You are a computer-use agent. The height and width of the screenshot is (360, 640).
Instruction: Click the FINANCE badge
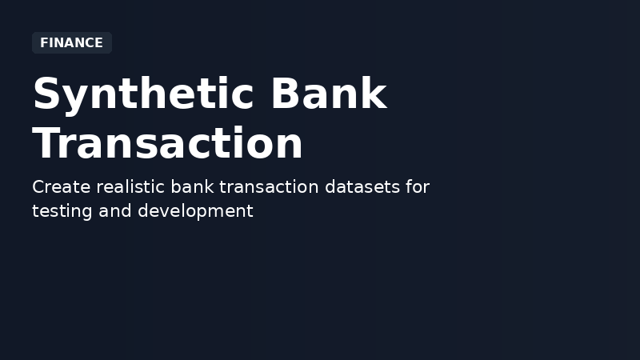(71, 43)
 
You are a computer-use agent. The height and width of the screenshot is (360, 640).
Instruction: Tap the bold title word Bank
(328, 94)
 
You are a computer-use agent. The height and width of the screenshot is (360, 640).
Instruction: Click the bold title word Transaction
(168, 144)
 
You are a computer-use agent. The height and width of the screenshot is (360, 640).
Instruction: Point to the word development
(195, 211)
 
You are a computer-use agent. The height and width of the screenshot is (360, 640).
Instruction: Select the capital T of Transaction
(47, 144)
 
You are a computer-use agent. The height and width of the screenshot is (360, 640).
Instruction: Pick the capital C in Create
(38, 187)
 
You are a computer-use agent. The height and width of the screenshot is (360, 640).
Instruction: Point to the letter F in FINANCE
(44, 43)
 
